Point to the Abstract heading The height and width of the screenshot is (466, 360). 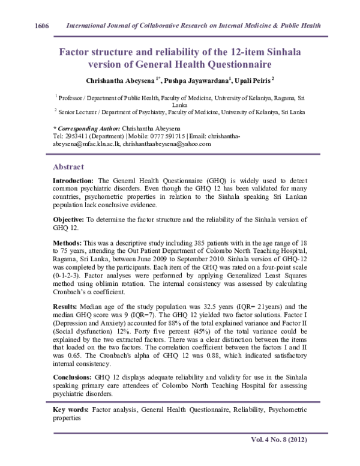coord(68,166)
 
